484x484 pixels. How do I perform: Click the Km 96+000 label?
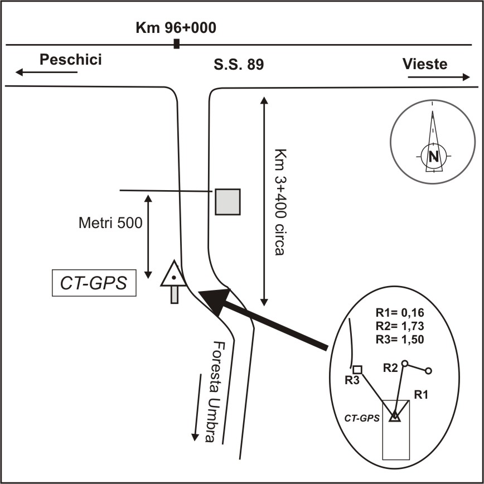pos(176,27)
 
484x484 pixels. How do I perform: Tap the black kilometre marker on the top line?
pos(177,44)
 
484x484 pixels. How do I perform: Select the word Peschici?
pos(70,60)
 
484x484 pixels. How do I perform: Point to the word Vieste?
pos(425,64)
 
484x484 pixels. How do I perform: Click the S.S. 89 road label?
pos(238,65)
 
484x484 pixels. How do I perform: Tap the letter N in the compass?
pos(433,156)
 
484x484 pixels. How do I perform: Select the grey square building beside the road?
pos(228,201)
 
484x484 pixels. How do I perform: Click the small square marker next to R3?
pos(358,369)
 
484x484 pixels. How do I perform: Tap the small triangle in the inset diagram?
pos(395,415)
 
